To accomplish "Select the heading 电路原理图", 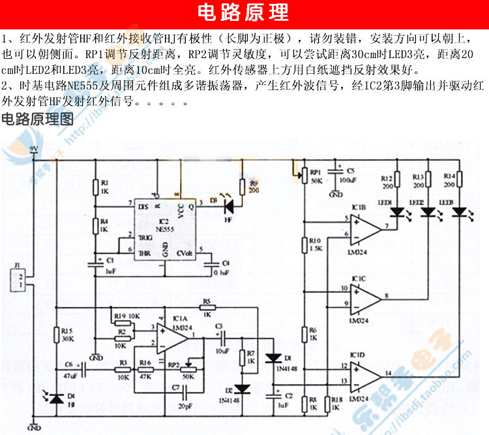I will point(38,120).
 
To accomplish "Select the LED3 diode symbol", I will point(460,212).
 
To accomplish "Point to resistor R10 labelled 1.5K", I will point(304,244).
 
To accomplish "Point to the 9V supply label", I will point(34,150).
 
